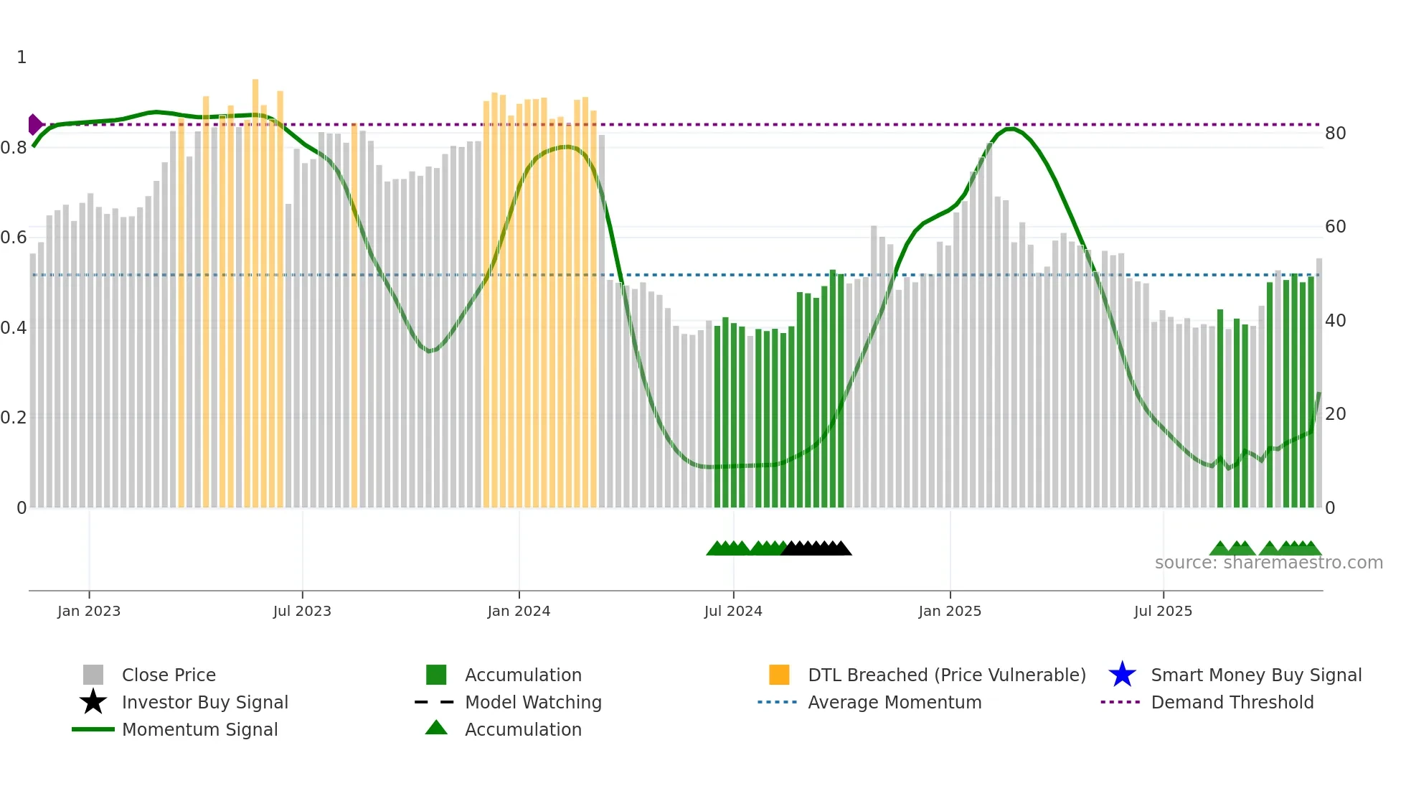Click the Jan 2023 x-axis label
pyautogui.click(x=89, y=612)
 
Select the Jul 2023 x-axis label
pyautogui.click(x=302, y=612)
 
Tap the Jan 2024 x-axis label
pyautogui.click(x=519, y=612)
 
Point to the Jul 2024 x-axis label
pyautogui.click(x=733, y=612)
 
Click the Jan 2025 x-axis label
pyautogui.click(x=950, y=612)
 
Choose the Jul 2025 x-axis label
pyautogui.click(x=1163, y=612)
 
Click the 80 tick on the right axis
pyautogui.click(x=1335, y=134)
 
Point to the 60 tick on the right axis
pyautogui.click(x=1335, y=228)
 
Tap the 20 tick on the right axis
pyautogui.click(x=1335, y=414)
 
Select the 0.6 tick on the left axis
pyautogui.click(x=14, y=238)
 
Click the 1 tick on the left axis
pyautogui.click(x=22, y=57)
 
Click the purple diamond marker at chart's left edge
pyautogui.click(x=34, y=124)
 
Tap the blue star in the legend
pyautogui.click(x=1122, y=675)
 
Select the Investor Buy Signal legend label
pyautogui.click(x=205, y=703)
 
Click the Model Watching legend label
pyautogui.click(x=533, y=703)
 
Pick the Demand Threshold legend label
pyautogui.click(x=1232, y=703)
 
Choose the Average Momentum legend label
pyautogui.click(x=895, y=703)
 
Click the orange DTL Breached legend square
pyautogui.click(x=779, y=675)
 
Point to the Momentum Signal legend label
pyautogui.click(x=199, y=730)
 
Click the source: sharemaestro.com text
pyautogui.click(x=1268, y=563)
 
